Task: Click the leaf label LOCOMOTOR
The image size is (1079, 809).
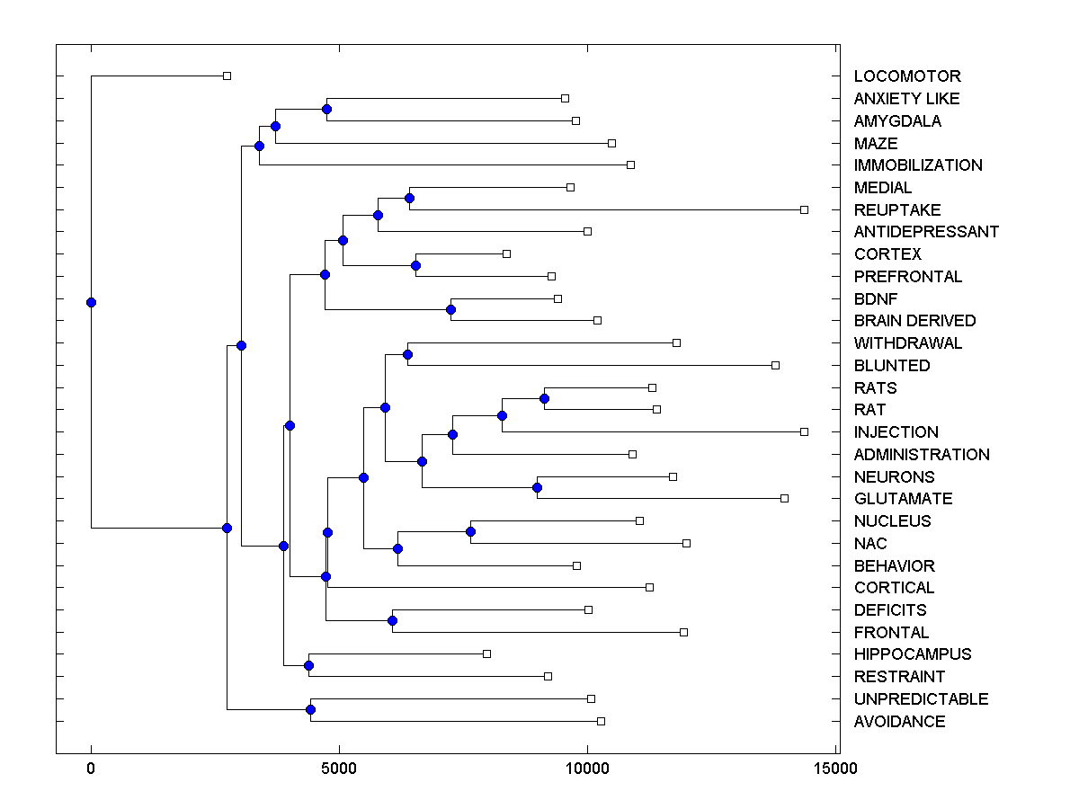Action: coord(906,76)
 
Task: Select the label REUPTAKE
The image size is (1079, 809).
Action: coord(897,209)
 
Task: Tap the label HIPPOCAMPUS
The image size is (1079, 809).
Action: coord(913,654)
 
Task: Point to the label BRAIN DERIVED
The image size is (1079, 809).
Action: coord(914,321)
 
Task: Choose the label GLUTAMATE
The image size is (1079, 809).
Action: coord(903,499)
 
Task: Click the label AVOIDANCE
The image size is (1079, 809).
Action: coord(899,721)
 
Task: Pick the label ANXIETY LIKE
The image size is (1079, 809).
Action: coord(906,99)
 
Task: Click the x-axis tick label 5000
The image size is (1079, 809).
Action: coord(338,769)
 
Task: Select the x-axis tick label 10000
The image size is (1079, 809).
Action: coord(586,769)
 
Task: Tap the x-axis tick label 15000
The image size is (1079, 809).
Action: coord(834,769)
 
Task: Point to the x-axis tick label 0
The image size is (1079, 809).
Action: coord(91,769)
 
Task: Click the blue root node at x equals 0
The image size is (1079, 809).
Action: coord(91,302)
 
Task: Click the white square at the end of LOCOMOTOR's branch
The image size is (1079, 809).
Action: coord(227,76)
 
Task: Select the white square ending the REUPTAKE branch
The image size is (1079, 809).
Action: coord(804,209)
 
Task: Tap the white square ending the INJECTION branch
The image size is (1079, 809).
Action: coord(804,431)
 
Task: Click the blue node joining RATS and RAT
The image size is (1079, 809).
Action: coord(544,398)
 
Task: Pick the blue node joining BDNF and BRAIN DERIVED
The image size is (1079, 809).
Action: coord(451,309)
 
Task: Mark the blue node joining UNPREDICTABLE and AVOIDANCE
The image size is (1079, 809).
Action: coord(310,710)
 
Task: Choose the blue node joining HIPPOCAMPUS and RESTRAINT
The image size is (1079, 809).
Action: coord(308,665)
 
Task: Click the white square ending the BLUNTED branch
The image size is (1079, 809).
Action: coord(775,365)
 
